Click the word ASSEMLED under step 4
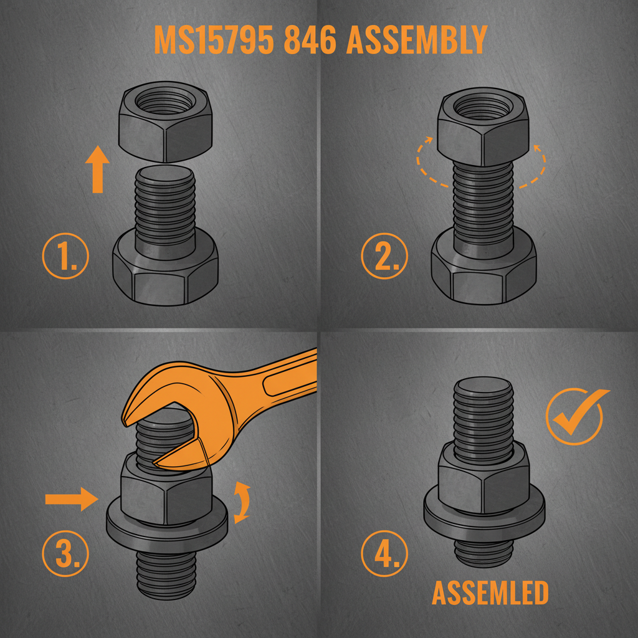pyautogui.click(x=490, y=594)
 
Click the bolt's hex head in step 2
pyautogui.click(x=483, y=274)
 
